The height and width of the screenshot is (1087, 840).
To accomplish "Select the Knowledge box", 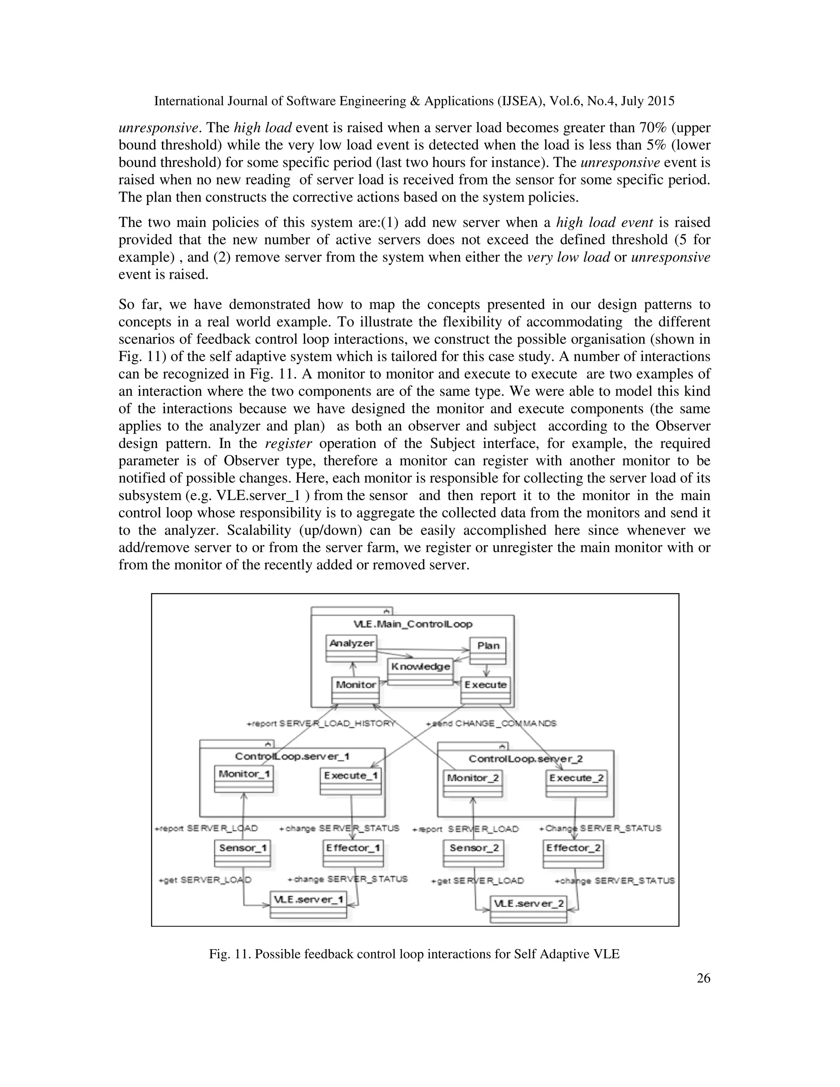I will click(x=420, y=670).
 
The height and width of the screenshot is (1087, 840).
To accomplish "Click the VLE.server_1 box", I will click(x=308, y=904).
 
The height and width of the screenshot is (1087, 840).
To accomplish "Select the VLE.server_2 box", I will click(x=528, y=908).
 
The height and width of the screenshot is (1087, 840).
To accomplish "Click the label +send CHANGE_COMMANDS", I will click(x=491, y=723).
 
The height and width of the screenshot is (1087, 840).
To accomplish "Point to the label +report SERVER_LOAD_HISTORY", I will click(x=321, y=723).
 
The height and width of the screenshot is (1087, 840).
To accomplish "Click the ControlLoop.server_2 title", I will click(x=525, y=759).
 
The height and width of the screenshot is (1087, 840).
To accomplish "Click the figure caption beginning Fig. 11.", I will click(x=414, y=954).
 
